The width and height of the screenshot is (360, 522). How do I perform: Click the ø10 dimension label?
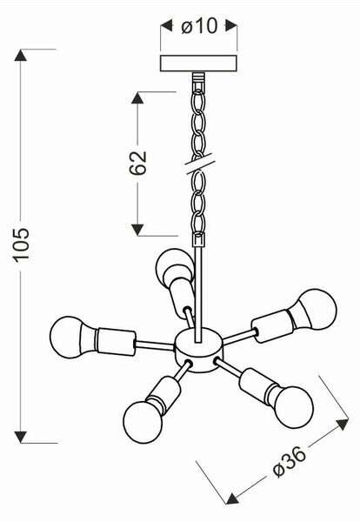pos(199,26)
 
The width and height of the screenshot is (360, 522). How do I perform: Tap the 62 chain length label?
pos(137,163)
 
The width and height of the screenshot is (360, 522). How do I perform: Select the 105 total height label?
pos(21,244)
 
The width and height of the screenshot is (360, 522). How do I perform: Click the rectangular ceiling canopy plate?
pos(198,64)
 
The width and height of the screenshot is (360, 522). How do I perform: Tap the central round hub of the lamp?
pos(199,349)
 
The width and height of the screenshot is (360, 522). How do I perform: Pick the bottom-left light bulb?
pos(143,420)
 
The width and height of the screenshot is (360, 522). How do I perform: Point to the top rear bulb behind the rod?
pos(174,266)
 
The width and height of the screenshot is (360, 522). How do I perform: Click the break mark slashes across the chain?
pos(199,164)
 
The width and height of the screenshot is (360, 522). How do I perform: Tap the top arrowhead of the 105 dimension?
pos(20,55)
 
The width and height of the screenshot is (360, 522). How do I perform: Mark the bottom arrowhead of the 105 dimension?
pos(20,437)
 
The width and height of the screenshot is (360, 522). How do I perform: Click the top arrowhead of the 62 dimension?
pos(137,97)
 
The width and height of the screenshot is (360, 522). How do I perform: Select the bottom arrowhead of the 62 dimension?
pos(137,230)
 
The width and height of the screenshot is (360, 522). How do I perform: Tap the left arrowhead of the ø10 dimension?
pos(166,25)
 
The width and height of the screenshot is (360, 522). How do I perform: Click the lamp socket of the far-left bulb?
pos(115,342)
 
